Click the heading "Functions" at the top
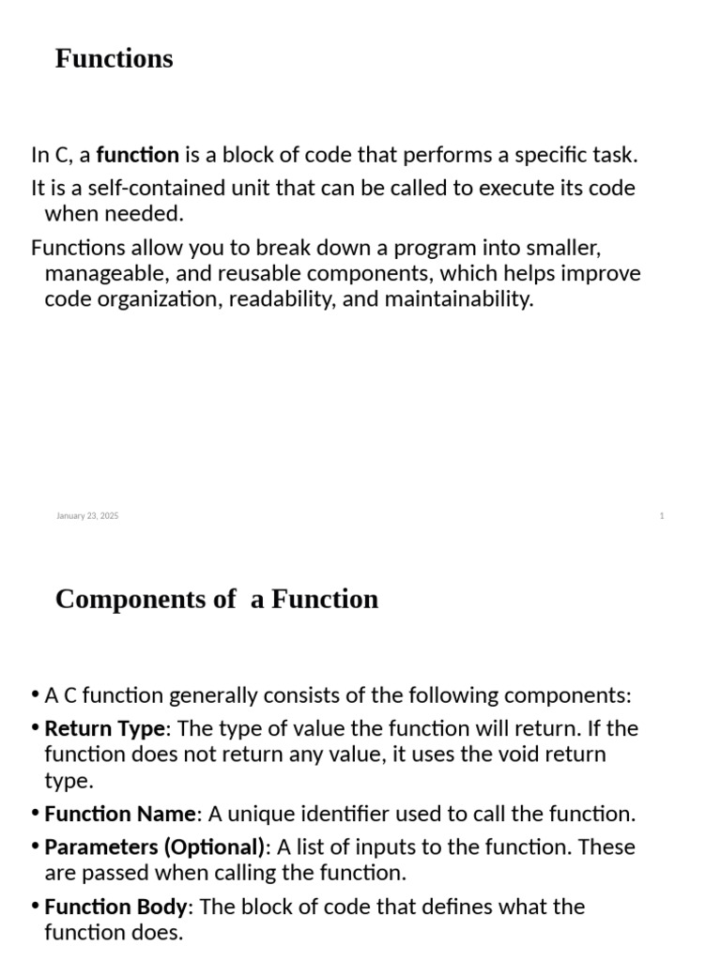tap(114, 58)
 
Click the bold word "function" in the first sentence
tap(137, 155)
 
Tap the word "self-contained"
tap(122, 188)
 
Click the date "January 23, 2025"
tap(87, 516)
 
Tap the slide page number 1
tap(662, 516)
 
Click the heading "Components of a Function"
tap(217, 599)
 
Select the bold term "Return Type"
tap(104, 728)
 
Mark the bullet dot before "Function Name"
tap(36, 814)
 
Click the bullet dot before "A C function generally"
tap(36, 695)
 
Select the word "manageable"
tap(102, 274)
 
